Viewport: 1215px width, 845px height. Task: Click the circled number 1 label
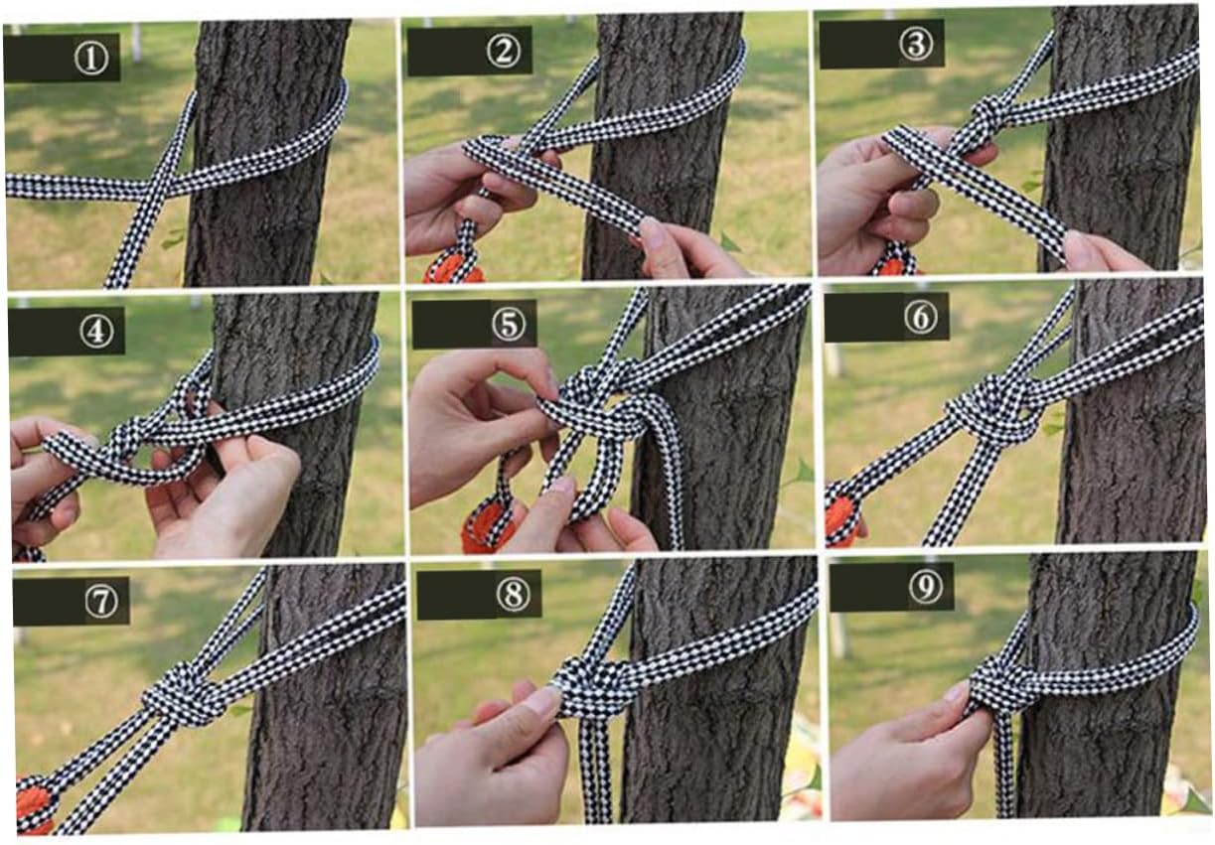click(x=91, y=59)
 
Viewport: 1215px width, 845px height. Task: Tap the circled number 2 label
click(x=504, y=52)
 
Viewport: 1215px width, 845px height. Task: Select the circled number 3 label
click(x=916, y=44)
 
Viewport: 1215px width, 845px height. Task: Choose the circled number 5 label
click(x=509, y=325)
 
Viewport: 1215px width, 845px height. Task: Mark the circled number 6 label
click(x=921, y=317)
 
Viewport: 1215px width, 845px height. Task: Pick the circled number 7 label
click(x=102, y=602)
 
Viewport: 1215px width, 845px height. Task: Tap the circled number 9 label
click(x=926, y=587)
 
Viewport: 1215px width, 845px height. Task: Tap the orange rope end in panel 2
click(x=455, y=268)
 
